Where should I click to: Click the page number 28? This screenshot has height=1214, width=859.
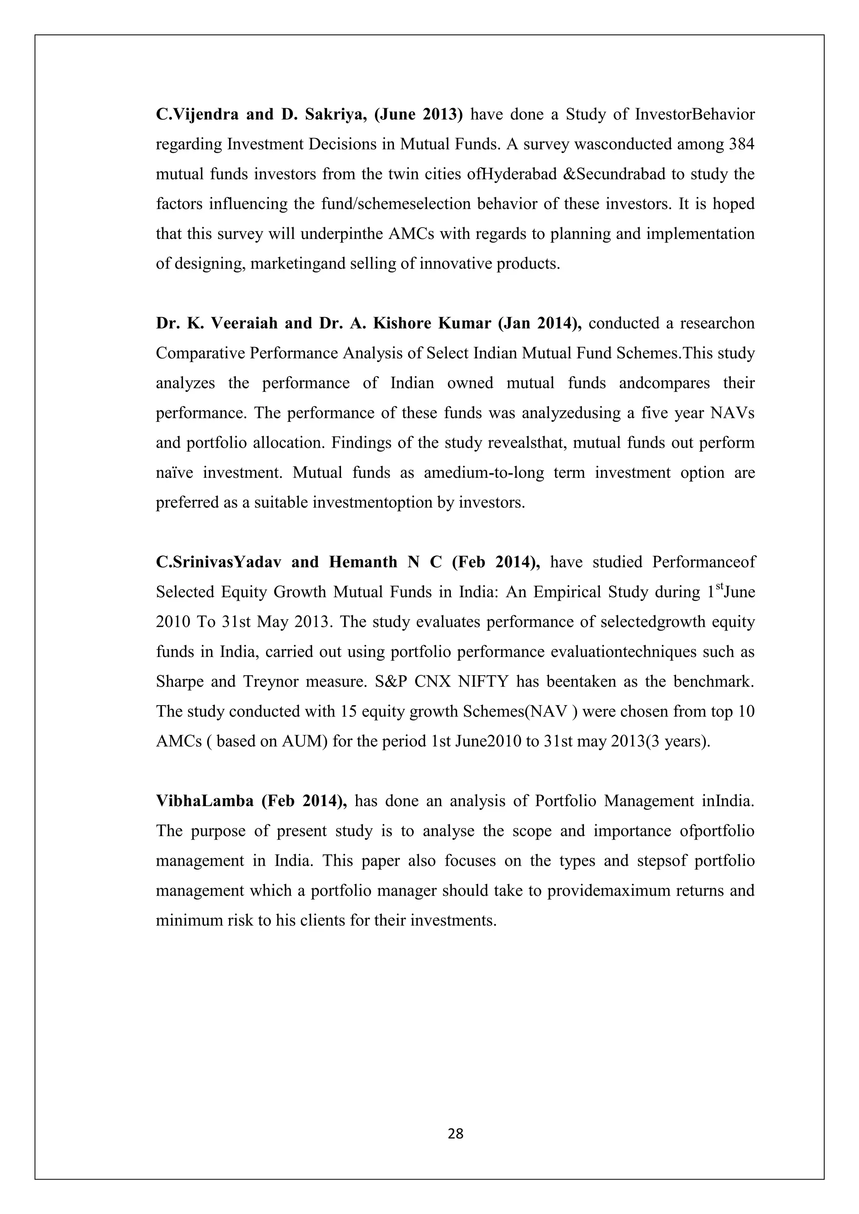(x=455, y=1133)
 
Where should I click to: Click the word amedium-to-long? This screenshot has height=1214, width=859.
(x=484, y=472)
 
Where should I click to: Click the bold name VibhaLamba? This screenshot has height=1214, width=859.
(x=204, y=801)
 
